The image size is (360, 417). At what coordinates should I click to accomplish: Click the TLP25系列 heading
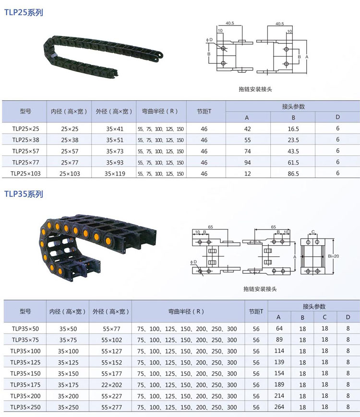click(24, 12)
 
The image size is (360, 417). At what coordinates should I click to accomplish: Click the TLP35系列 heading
click(24, 194)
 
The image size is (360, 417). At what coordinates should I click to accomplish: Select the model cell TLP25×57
click(25, 151)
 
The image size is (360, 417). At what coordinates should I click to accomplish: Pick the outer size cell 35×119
click(115, 174)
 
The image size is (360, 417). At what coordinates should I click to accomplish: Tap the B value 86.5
click(293, 174)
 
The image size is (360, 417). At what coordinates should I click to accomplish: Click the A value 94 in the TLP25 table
click(248, 163)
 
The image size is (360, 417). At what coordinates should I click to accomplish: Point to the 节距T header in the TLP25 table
click(204, 111)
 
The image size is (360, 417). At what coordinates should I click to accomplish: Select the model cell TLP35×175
click(25, 384)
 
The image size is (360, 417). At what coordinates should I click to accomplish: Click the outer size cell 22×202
click(111, 384)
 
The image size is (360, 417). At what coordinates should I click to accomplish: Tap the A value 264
click(279, 407)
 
